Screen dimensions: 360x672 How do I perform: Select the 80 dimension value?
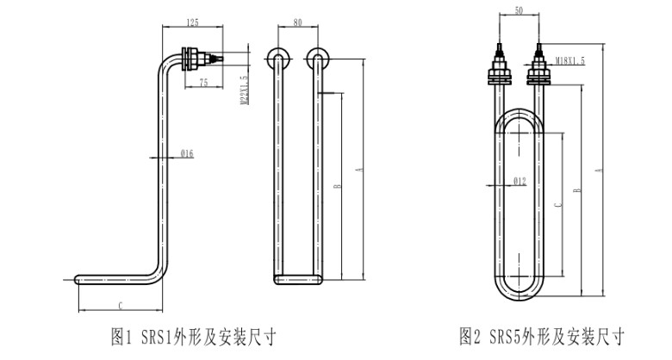point(297,23)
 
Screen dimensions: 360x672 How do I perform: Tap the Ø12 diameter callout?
point(519,181)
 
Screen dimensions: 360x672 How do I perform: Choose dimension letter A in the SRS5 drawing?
point(599,171)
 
